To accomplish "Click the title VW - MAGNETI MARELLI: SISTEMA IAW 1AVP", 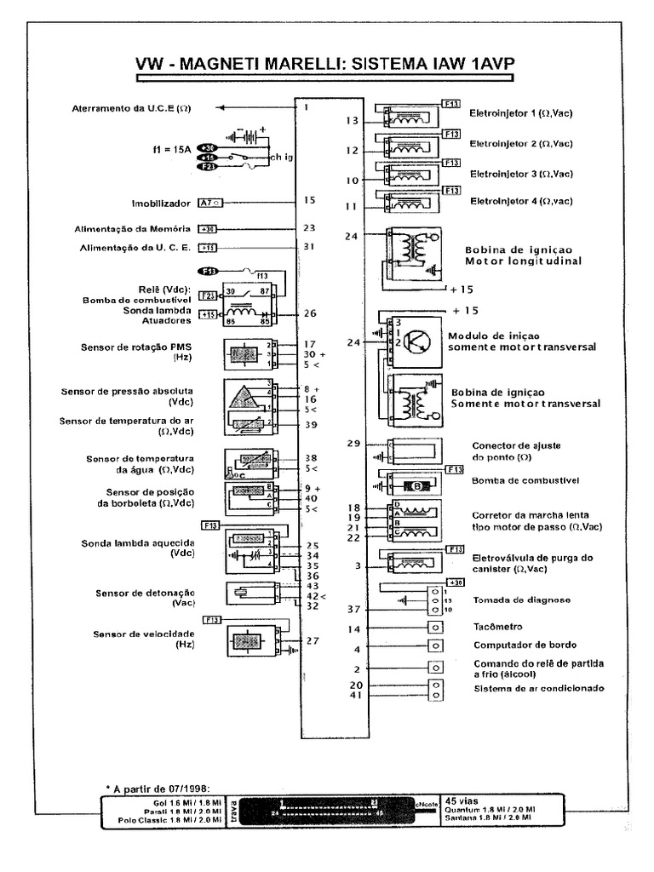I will pos(326,66).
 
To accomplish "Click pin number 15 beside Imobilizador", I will pos(309,200).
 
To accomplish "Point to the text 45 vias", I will pos(462,800).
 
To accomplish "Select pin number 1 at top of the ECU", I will pos(306,108).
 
